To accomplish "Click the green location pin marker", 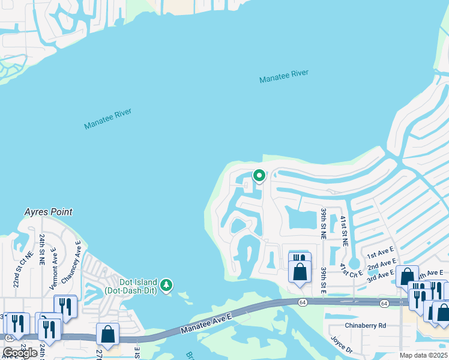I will pos(259,176).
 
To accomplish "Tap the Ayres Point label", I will pos(48,212).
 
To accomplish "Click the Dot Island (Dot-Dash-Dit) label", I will pos(130,286).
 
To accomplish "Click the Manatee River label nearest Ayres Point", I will pos(107,119).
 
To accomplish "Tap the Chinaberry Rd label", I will pos(365,326).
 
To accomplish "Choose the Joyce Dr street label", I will pos(340,345).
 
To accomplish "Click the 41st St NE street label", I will pos(345,232).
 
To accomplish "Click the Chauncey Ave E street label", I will pos(78,257).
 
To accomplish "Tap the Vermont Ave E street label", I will pos(55,264).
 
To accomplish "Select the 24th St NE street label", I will pos(42,250).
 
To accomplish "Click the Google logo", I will pos(20,352).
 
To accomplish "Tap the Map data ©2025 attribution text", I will pos(424,355).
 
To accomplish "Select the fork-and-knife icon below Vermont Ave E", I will pos(65,307).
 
